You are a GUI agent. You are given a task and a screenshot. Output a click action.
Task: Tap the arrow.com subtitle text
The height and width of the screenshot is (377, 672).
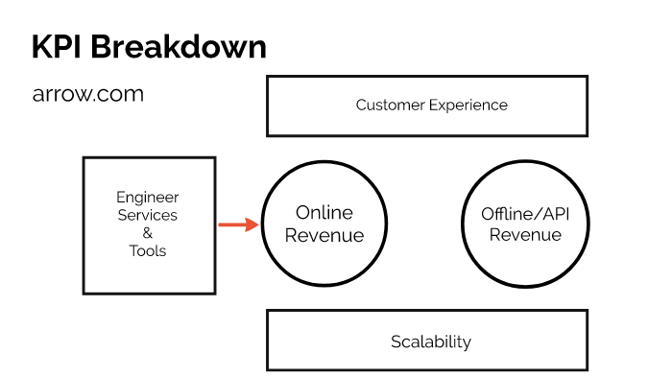click(x=88, y=94)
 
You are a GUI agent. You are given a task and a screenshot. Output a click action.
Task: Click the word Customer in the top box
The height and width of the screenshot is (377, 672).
click(x=389, y=105)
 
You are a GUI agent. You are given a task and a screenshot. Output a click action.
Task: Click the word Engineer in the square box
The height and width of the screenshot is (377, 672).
click(x=147, y=198)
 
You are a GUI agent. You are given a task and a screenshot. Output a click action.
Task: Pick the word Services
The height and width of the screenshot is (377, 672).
click(x=147, y=215)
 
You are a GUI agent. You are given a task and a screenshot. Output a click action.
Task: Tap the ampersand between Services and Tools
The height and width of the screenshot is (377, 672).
click(x=147, y=233)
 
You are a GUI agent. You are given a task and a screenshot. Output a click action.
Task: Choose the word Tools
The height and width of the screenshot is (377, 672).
click(x=147, y=251)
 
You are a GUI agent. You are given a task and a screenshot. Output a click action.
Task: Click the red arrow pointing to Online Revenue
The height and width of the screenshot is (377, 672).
click(x=236, y=225)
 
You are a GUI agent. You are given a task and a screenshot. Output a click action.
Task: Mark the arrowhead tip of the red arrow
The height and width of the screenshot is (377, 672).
click(x=257, y=225)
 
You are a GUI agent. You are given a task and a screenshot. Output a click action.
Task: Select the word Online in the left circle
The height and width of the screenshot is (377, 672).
click(x=324, y=213)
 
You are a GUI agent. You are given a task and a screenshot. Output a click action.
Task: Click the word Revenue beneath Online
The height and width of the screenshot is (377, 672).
click(x=324, y=236)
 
